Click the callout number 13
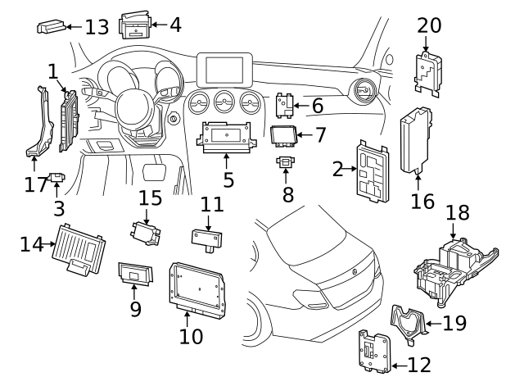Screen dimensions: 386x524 [x=97, y=27]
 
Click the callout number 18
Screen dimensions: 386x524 [x=458, y=212]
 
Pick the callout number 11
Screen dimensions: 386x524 [x=212, y=202]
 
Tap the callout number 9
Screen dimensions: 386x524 [x=136, y=308]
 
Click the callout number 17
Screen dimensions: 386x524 [x=35, y=184]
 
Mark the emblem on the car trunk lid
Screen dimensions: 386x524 [x=355, y=270]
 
